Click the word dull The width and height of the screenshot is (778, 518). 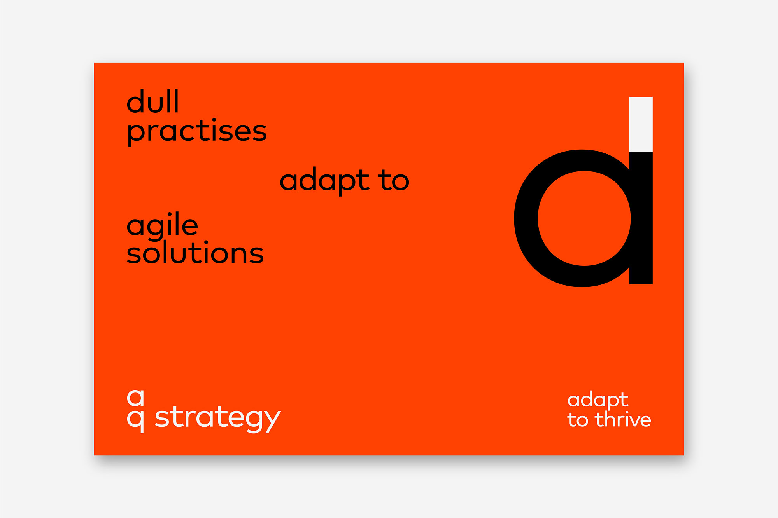pos(152,101)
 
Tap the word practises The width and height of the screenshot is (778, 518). pos(197,132)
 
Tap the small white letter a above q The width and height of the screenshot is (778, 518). pos(136,398)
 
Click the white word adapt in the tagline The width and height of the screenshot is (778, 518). pos(598,401)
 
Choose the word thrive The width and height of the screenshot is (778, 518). pos(623,419)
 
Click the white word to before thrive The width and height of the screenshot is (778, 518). pos(578,420)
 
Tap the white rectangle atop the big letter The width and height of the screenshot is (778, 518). pos(641,124)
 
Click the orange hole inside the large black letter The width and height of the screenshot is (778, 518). pos(584,218)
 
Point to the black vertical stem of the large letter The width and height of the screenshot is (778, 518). pos(641,218)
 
